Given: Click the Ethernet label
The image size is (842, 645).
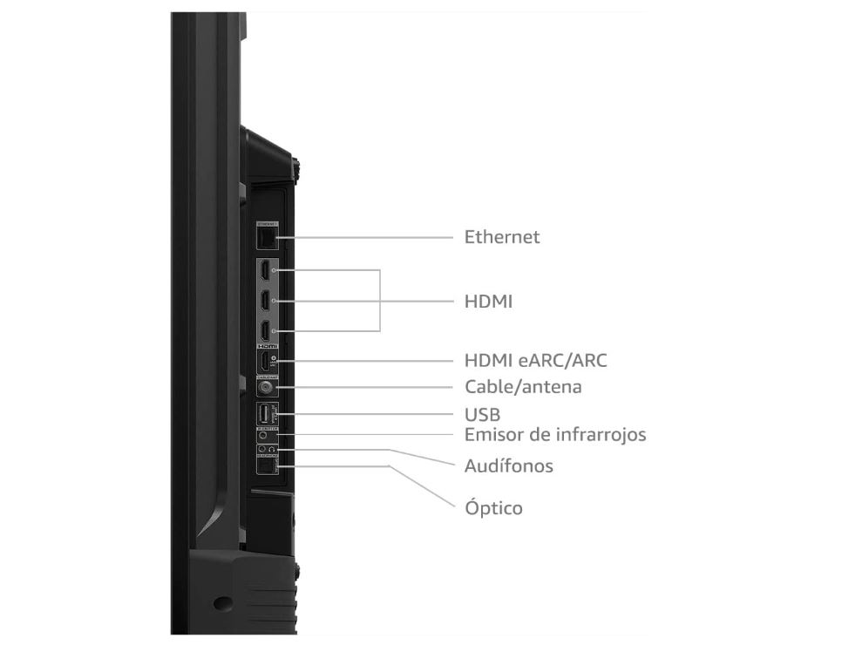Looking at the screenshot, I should (x=501, y=236).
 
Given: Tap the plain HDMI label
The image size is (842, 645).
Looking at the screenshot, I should (x=488, y=302).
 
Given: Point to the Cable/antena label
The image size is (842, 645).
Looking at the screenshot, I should (x=523, y=386).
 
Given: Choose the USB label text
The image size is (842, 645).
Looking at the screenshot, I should (x=482, y=414).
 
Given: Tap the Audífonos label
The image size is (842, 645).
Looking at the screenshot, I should (x=508, y=465).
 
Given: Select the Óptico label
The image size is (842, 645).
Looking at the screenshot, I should (x=493, y=506).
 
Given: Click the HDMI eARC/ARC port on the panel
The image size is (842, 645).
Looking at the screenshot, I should (x=264, y=361).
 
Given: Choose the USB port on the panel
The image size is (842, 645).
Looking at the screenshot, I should (x=264, y=414).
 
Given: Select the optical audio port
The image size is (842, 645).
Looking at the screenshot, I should (x=264, y=467).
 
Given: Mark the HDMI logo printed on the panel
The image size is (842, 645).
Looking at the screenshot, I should (x=266, y=346).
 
